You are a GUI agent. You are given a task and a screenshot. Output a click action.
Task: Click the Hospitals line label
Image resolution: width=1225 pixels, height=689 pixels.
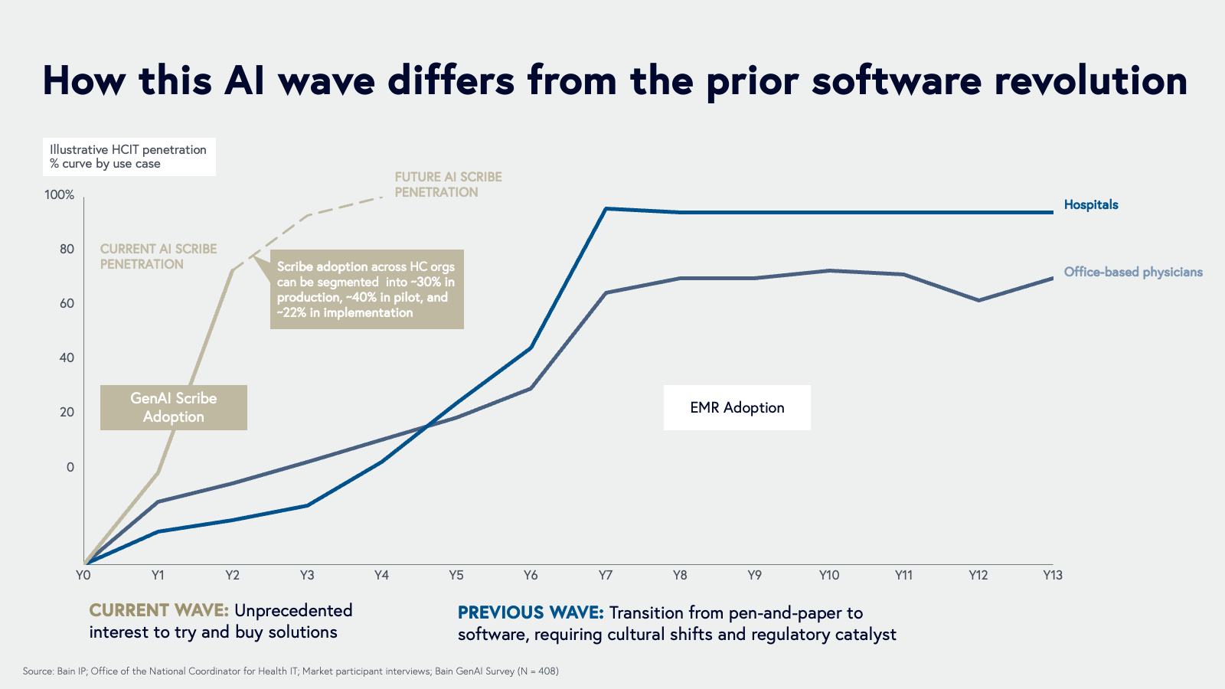pos(1090,204)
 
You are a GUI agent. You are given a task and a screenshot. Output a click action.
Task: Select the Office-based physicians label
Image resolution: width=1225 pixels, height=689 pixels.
pos(1132,272)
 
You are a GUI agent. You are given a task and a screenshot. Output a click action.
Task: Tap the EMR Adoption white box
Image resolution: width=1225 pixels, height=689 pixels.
pos(737,407)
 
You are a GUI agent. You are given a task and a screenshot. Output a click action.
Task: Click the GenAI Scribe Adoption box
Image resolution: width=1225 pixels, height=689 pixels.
pos(174,407)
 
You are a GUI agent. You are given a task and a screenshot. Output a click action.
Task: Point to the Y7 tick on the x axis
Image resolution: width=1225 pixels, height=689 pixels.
pos(605,575)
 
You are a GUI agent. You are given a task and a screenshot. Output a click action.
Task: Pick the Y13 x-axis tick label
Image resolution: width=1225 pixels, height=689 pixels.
pos(1052,575)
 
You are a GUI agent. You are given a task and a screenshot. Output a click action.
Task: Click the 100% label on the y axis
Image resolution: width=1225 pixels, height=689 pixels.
pos(60,194)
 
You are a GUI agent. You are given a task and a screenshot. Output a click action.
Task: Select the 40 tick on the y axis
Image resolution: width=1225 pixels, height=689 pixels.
pos(67,358)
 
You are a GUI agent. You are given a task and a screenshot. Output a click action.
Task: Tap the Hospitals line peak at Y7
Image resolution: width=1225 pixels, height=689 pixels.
pos(605,208)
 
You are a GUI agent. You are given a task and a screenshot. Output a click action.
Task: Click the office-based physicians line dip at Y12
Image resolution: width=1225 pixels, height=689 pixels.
pos(978,300)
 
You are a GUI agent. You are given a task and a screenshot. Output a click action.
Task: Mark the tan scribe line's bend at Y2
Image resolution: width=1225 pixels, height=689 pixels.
pos(232,270)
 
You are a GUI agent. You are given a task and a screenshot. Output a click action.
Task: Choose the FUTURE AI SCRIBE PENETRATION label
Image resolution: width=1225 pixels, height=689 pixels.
pos(448,184)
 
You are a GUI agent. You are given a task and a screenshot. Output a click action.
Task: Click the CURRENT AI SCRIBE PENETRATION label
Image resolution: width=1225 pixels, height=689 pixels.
pos(158,256)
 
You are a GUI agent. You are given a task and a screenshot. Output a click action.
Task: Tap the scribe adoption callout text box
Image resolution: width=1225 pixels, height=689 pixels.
pos(367,289)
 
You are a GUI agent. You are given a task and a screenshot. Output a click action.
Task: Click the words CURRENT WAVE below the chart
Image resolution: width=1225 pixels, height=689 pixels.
pos(158,610)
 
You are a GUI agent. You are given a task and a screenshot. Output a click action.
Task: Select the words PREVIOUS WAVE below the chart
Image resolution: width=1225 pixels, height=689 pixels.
pos(531,612)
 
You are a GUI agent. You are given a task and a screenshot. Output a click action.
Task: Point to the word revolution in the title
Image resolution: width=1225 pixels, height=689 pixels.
pos(1090,80)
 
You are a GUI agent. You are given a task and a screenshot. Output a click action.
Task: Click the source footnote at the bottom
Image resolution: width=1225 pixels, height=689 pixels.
pos(290,671)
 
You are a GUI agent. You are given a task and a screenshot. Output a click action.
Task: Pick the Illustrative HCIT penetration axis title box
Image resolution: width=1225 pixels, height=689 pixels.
pos(128,156)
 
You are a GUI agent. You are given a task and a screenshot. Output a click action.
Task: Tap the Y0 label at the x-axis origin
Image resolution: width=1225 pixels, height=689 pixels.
pos(83,575)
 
